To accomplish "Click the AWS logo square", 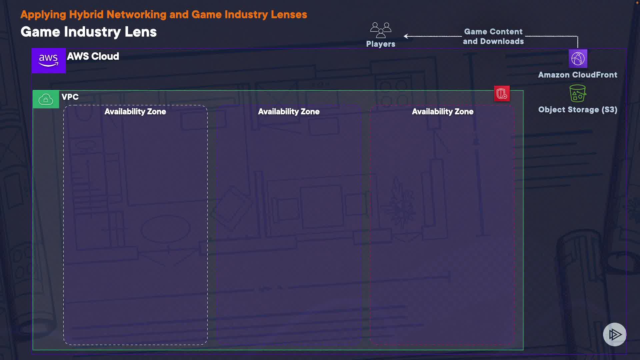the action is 49,61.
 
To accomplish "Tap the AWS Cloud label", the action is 93,56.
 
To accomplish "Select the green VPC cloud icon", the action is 46,99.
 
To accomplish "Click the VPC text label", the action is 70,97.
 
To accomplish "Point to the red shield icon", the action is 502,94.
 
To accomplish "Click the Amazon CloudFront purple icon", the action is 578,59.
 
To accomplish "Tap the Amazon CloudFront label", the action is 577,75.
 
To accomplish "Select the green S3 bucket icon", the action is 578,93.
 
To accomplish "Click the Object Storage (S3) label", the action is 577,110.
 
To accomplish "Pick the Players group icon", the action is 381,30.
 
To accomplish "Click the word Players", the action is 381,44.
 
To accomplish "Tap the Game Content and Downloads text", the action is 493,36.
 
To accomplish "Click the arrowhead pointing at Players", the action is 406,36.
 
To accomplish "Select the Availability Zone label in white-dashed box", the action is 135,112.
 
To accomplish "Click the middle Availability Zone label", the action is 289,112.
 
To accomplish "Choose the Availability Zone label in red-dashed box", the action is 442,112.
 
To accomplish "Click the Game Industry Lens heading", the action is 89,32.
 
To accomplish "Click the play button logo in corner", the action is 614,334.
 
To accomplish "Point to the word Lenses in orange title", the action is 289,15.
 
